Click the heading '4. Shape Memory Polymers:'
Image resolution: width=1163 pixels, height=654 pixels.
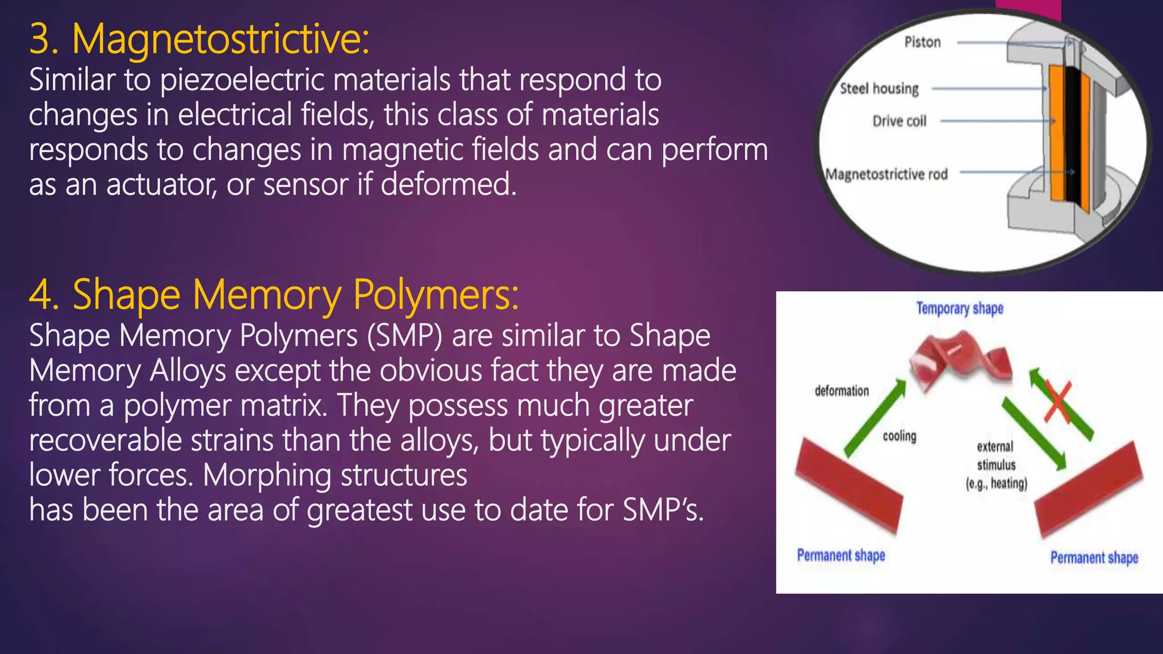pyautogui.click(x=273, y=295)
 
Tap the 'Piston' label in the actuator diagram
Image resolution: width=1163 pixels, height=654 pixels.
pyautogui.click(x=922, y=42)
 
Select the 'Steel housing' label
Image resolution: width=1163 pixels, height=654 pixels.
pyautogui.click(x=879, y=89)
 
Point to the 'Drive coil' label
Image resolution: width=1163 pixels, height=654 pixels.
pyautogui.click(x=899, y=121)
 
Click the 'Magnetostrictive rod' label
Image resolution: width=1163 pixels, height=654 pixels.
pyautogui.click(x=886, y=174)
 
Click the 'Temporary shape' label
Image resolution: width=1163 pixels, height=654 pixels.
pyautogui.click(x=959, y=308)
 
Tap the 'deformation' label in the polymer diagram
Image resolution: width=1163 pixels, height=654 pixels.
pyautogui.click(x=842, y=391)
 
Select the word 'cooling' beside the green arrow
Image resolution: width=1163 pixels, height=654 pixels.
pyautogui.click(x=900, y=436)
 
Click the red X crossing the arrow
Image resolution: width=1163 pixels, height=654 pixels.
pyautogui.click(x=1057, y=402)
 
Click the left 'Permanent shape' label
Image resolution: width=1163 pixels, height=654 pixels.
pyautogui.click(x=840, y=555)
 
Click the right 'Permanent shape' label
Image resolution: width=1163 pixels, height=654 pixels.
pyautogui.click(x=1094, y=557)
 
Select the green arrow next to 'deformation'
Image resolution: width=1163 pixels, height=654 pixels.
pyautogui.click(x=875, y=419)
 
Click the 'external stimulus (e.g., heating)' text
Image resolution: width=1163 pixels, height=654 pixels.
pyautogui.click(x=996, y=465)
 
